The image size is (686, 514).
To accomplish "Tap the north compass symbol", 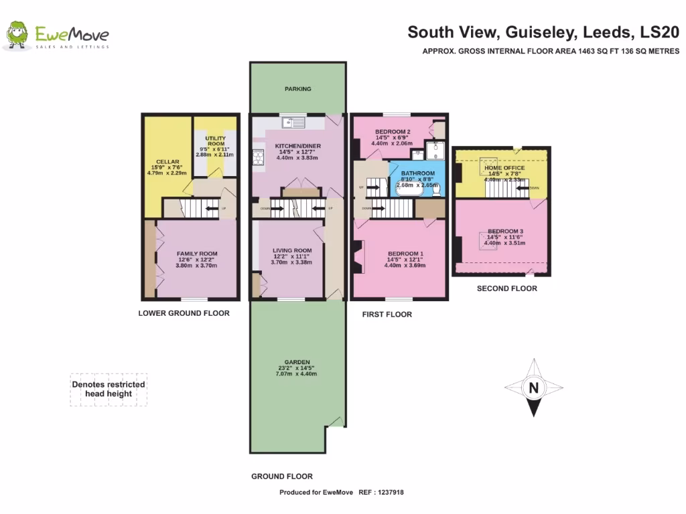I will (x=533, y=388).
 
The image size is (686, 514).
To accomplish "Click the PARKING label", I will (x=297, y=89).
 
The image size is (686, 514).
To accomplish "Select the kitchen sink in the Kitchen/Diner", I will (x=293, y=122).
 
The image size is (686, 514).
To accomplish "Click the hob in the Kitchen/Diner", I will (x=257, y=157).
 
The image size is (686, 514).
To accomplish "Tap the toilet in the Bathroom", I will (x=436, y=189).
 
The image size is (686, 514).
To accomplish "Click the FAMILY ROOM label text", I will (x=197, y=254).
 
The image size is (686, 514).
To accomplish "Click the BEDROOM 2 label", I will (x=392, y=132).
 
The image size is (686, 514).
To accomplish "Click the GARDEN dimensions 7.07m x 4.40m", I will (x=297, y=373).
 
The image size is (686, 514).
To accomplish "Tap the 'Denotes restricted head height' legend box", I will (x=109, y=390).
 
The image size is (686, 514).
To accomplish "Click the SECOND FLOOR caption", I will (x=506, y=289).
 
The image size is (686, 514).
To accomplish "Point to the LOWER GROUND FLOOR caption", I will (x=184, y=313).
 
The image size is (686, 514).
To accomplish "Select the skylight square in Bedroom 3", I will (x=488, y=241).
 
